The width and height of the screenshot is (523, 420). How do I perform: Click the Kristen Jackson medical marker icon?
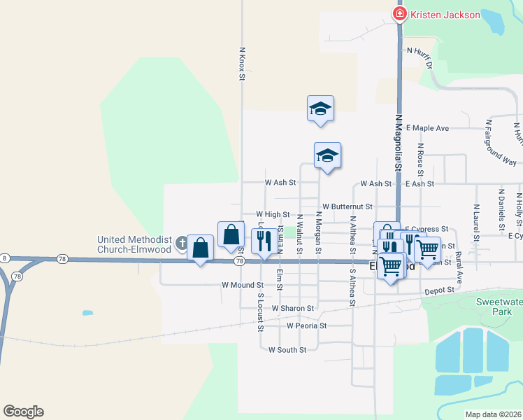tap(400, 14)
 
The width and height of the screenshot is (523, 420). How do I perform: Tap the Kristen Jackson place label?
tap(445, 15)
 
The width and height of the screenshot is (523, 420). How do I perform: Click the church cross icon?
tap(182, 244)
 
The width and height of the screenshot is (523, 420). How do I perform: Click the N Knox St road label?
tap(242, 64)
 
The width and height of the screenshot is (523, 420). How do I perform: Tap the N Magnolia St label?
tap(399, 143)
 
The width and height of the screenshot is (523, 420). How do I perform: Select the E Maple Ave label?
tap(427, 129)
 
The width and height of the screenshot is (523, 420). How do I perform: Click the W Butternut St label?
tap(347, 207)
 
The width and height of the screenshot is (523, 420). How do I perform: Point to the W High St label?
tap(273, 214)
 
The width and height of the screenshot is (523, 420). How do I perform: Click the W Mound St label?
tap(243, 286)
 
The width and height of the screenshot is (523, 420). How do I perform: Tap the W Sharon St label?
tap(293, 308)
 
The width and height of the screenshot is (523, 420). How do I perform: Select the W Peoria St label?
tap(306, 326)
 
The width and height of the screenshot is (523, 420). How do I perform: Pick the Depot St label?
tap(439, 290)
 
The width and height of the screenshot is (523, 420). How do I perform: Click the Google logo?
tap(23, 412)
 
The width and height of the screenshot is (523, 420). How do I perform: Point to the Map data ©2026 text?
tap(493, 414)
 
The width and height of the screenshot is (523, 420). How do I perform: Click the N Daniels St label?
tap(501, 208)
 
